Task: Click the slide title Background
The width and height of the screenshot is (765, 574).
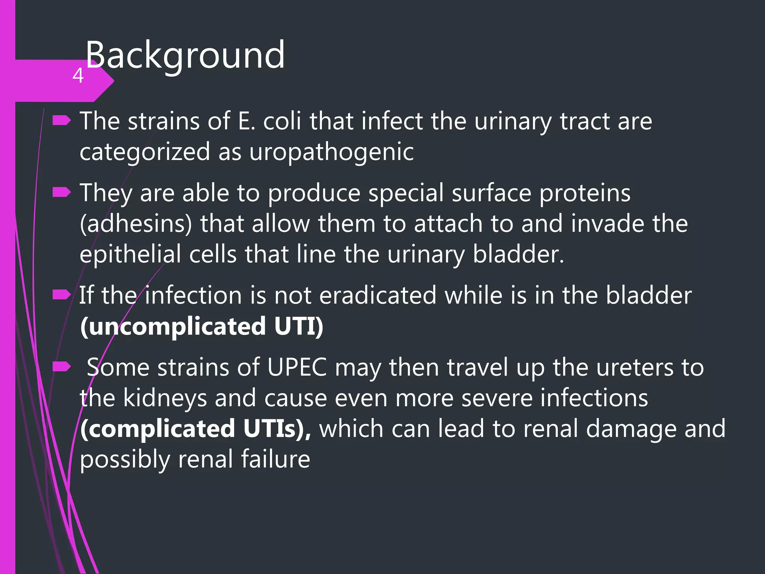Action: point(185,55)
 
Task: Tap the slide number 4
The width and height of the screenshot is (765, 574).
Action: point(78,75)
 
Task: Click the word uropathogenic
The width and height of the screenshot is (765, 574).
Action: point(331,152)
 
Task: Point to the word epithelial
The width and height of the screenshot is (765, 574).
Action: point(130,254)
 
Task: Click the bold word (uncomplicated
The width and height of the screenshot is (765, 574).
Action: point(173,326)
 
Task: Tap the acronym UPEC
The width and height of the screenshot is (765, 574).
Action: point(297,367)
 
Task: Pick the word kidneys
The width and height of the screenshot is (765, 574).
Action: point(165,398)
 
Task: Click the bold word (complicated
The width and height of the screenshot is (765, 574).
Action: point(157,429)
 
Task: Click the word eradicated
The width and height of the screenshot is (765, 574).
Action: point(378,295)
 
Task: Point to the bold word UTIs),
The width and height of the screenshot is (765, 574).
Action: point(277,429)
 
